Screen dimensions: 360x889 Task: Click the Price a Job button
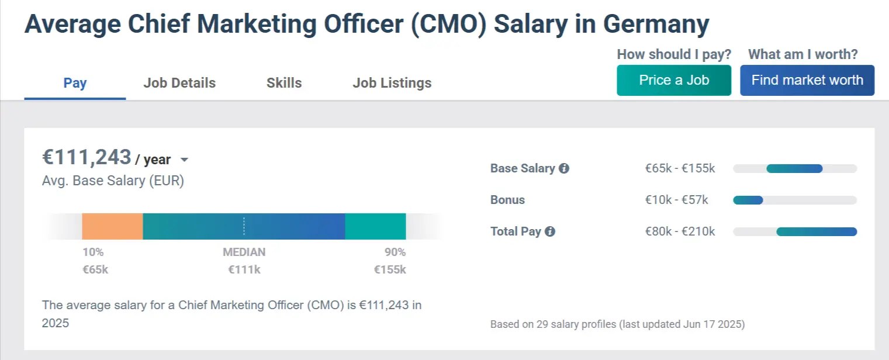click(x=673, y=80)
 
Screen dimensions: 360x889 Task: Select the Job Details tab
click(x=179, y=83)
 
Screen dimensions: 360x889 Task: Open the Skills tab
click(x=284, y=83)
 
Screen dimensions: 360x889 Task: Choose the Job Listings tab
click(x=392, y=83)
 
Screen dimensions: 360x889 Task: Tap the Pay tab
click(x=75, y=83)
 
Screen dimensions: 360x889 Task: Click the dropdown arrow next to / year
click(x=184, y=160)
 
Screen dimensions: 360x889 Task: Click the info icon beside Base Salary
click(x=564, y=168)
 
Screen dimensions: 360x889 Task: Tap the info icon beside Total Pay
click(x=550, y=231)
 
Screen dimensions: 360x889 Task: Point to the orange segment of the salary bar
click(x=112, y=226)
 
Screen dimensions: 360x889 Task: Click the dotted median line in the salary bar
click(x=244, y=226)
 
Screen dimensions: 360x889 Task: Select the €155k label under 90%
click(x=390, y=269)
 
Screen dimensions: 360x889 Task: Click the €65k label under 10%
click(x=95, y=269)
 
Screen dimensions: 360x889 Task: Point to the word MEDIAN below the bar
click(x=244, y=252)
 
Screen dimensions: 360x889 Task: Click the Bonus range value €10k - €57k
click(x=676, y=200)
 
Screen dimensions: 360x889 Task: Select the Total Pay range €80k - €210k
click(x=680, y=231)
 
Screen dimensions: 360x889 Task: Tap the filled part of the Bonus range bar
click(x=748, y=200)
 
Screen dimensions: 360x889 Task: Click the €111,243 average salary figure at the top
click(x=87, y=157)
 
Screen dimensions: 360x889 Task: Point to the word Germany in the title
click(x=656, y=24)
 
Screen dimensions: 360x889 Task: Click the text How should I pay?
click(x=674, y=54)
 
